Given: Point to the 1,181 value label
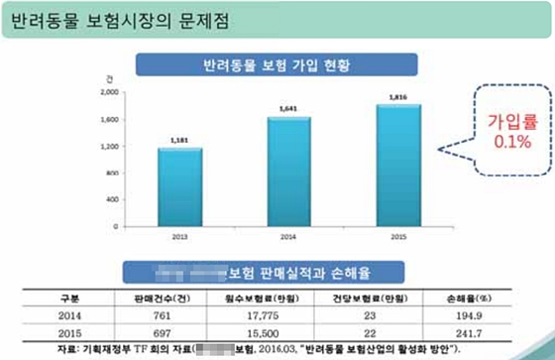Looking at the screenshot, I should [180, 141].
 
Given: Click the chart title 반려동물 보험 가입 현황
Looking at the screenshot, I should [274, 66].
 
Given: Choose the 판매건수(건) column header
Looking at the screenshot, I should [146, 297].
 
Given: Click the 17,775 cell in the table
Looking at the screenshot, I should [254, 312].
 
